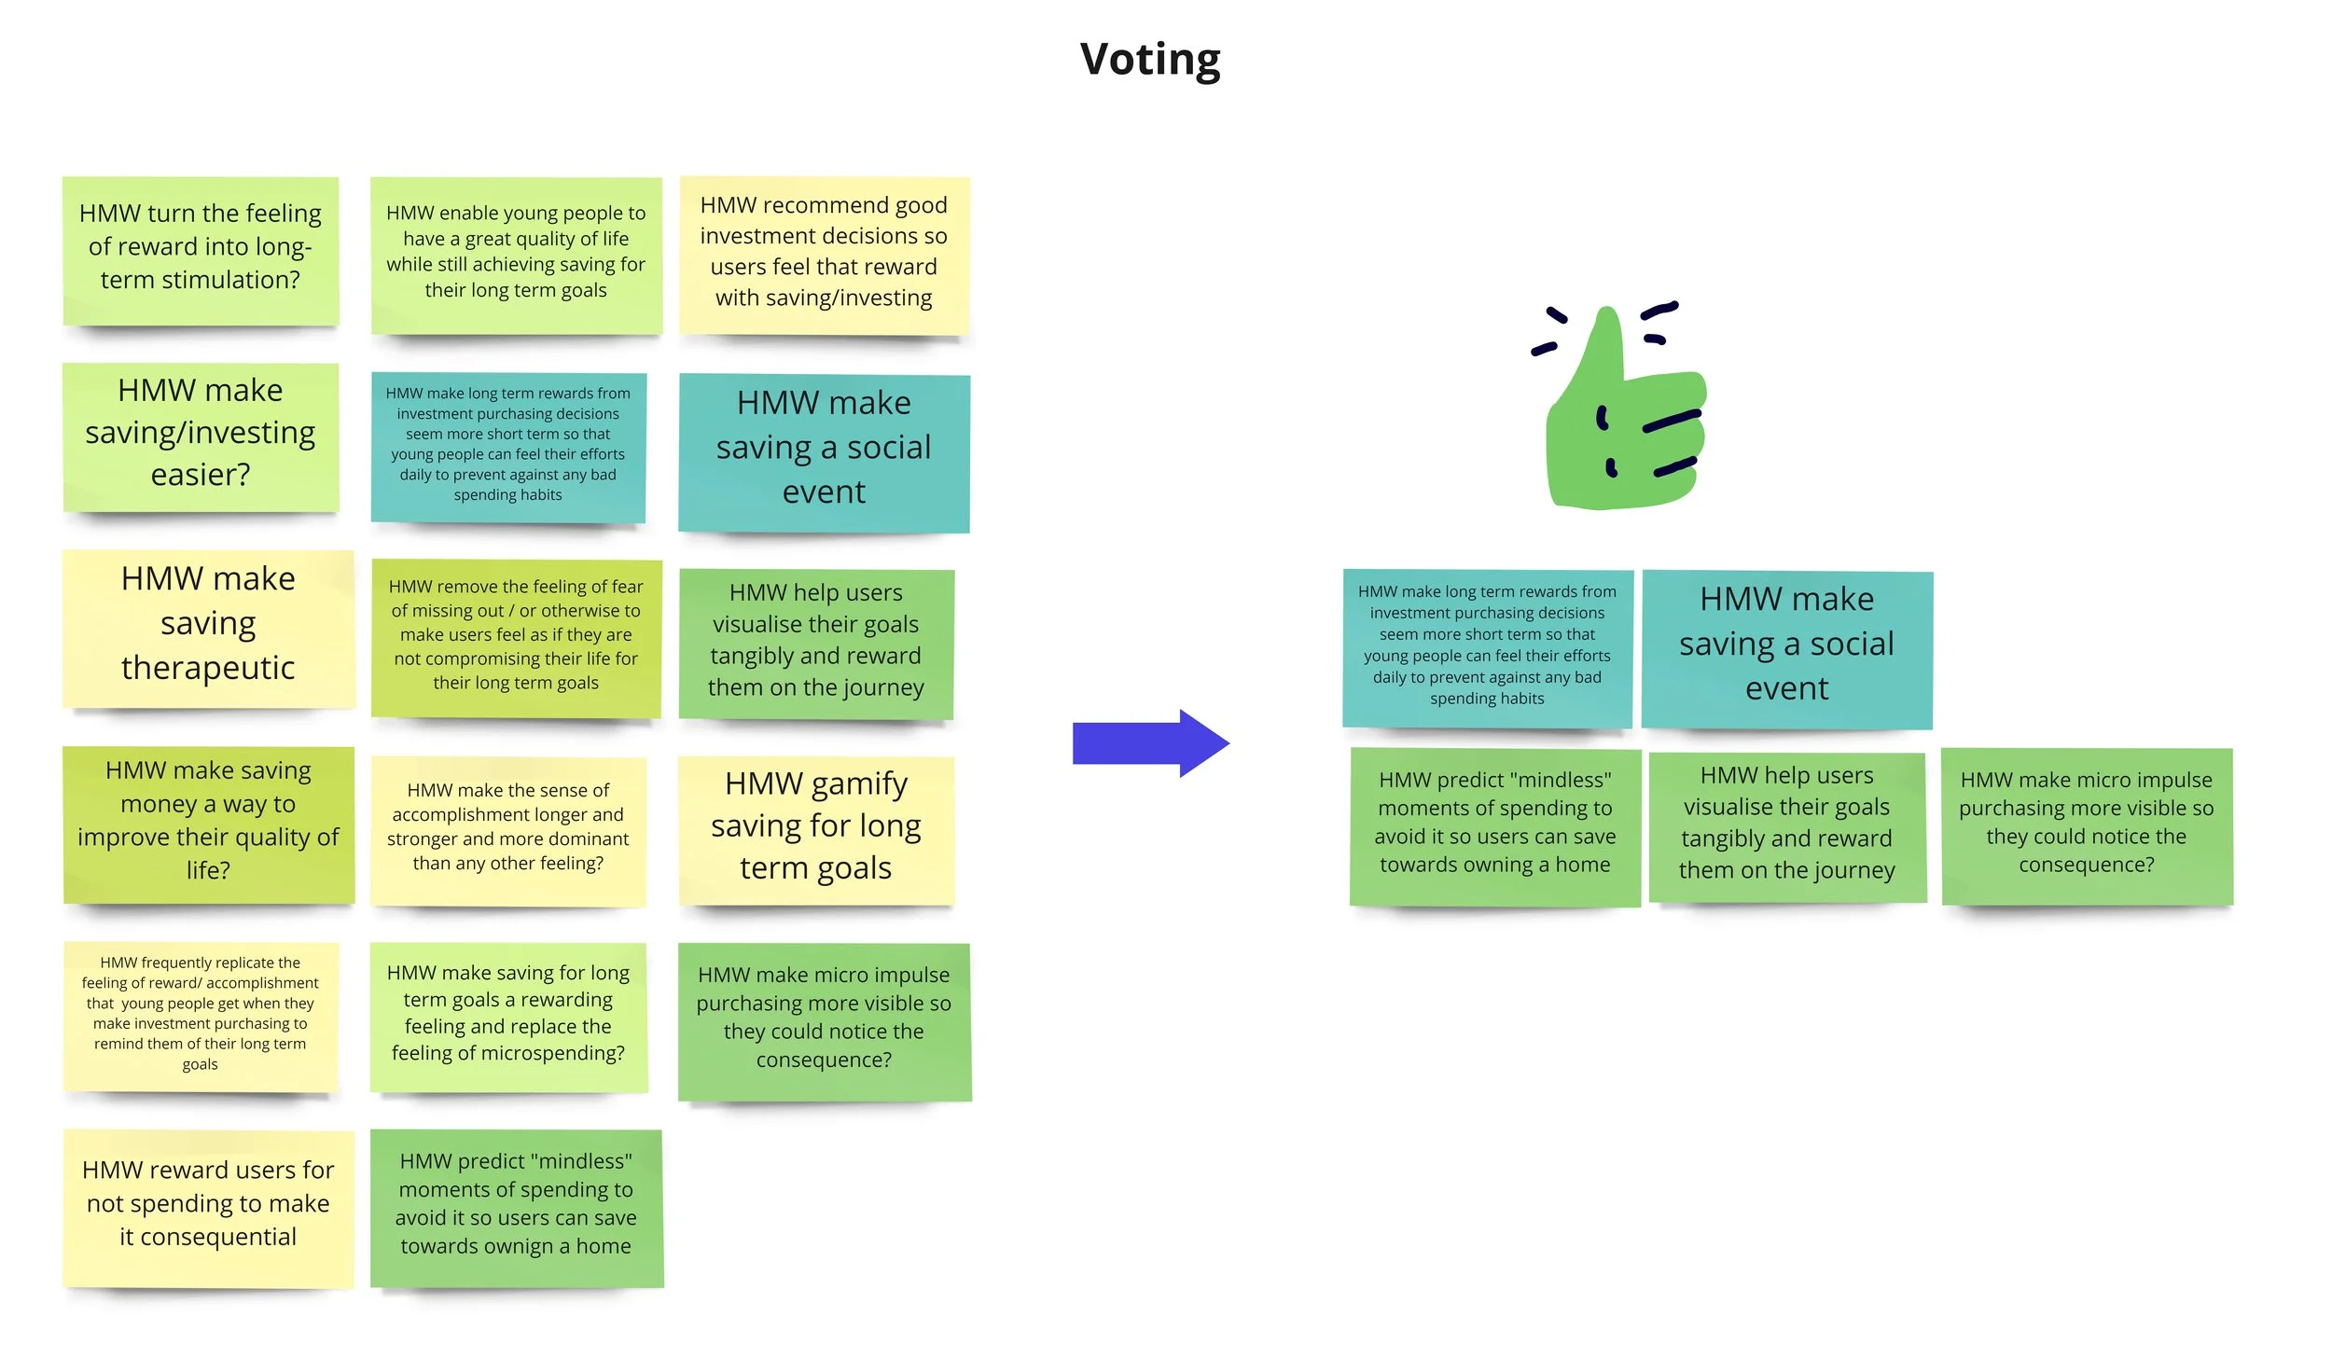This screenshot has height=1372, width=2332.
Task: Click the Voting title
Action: [1150, 60]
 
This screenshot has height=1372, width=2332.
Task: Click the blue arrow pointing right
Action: [1151, 743]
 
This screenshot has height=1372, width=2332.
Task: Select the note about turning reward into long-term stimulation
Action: [201, 251]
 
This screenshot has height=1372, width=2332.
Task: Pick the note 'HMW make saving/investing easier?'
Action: [201, 437]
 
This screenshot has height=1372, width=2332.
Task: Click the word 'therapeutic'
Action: [208, 668]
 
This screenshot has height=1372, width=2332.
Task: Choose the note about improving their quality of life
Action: [208, 825]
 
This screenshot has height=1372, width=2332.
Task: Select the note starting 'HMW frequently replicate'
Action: [201, 1017]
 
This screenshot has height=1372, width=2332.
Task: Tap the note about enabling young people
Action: [516, 256]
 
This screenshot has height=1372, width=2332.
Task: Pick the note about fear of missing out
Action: [516, 638]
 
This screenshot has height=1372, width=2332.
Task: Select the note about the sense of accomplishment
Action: [508, 831]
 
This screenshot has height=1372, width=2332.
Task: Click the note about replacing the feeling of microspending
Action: [508, 1017]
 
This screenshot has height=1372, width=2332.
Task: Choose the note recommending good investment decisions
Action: [825, 255]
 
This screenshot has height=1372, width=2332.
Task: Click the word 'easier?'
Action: [201, 476]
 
